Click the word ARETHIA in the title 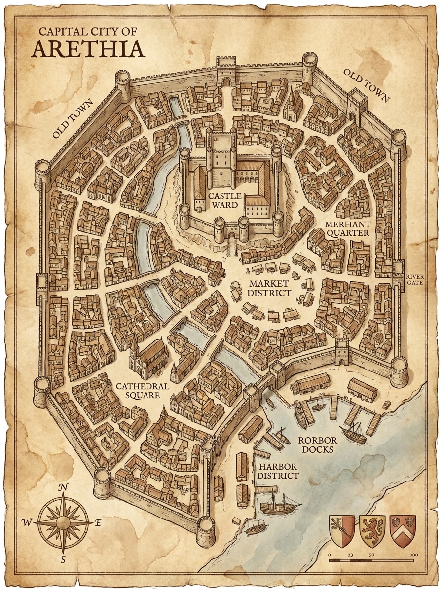pyautogui.click(x=89, y=49)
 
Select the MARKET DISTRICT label pyautogui.click(x=269, y=288)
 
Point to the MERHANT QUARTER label pyautogui.click(x=347, y=228)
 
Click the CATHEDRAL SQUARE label pyautogui.click(x=143, y=391)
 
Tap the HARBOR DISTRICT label pyautogui.click(x=278, y=471)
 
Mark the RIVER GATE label pyautogui.click(x=415, y=280)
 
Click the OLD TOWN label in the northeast pyautogui.click(x=366, y=85)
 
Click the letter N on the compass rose pyautogui.click(x=63, y=488)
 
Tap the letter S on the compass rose pyautogui.click(x=63, y=559)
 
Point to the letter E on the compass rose pyautogui.click(x=98, y=523)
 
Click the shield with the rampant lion pyautogui.click(x=372, y=531)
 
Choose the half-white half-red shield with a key pyautogui.click(x=342, y=531)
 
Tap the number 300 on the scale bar pyautogui.click(x=413, y=555)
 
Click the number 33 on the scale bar pyautogui.click(x=351, y=555)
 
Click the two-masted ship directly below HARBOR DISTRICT pyautogui.click(x=279, y=504)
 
